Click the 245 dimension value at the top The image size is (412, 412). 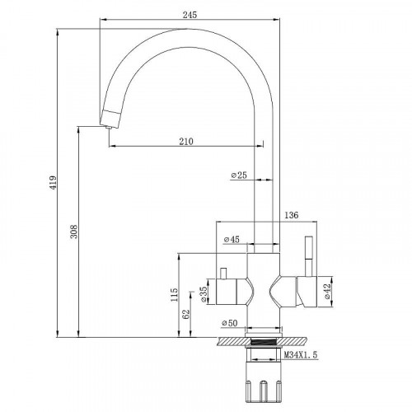pyautogui.click(x=190, y=15)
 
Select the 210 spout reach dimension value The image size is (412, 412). pyautogui.click(x=186, y=141)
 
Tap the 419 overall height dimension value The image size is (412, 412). pyautogui.click(x=53, y=183)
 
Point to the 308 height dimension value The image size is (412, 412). pyautogui.click(x=74, y=232)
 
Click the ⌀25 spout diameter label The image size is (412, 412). pyautogui.click(x=239, y=175)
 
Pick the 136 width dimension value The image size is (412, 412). pyautogui.click(x=291, y=215)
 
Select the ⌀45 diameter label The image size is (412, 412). pyautogui.click(x=232, y=239)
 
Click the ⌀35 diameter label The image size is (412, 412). pyautogui.click(x=204, y=294)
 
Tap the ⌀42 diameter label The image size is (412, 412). pyautogui.click(x=327, y=291)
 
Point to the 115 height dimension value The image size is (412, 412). pyautogui.click(x=175, y=295)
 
